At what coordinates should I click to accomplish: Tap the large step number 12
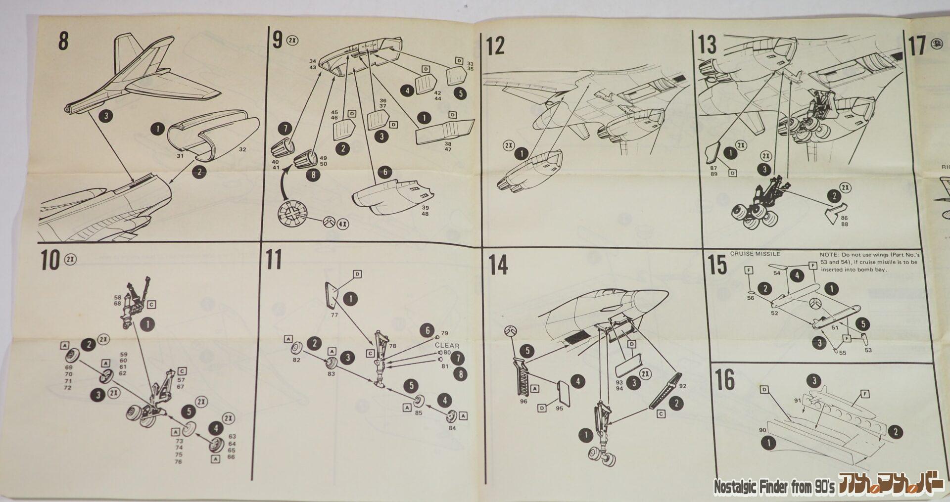click(495, 46)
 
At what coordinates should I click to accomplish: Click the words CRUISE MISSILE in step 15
click(755, 254)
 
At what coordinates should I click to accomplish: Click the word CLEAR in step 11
click(447, 346)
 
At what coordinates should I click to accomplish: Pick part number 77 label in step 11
click(334, 315)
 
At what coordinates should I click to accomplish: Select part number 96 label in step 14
click(523, 401)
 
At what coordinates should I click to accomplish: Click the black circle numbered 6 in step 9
click(384, 173)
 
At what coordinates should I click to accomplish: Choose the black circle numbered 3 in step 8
click(104, 117)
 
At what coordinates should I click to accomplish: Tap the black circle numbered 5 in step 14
click(527, 351)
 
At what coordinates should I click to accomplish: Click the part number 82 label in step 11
click(296, 360)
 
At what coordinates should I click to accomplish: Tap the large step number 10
click(50, 261)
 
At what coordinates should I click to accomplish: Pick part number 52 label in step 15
click(774, 313)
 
